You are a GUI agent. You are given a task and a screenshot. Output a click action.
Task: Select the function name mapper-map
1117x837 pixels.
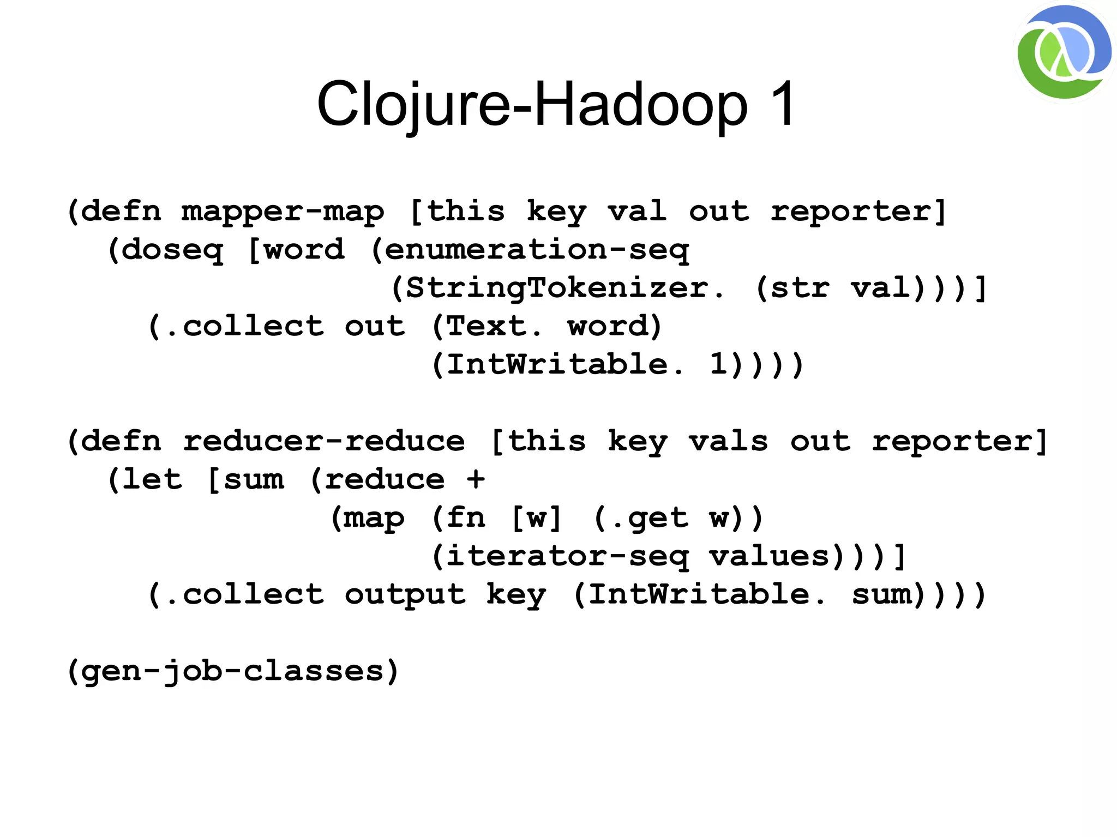coord(283,212)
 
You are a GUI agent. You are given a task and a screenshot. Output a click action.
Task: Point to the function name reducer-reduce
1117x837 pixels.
coord(323,441)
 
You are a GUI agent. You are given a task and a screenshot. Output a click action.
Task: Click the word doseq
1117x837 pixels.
coord(172,250)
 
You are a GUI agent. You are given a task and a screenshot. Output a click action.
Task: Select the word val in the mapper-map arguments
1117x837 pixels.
coord(636,212)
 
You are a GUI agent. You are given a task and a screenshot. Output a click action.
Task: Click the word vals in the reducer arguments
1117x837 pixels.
coord(728,441)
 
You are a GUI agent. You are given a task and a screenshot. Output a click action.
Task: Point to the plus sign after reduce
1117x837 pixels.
coord(476,479)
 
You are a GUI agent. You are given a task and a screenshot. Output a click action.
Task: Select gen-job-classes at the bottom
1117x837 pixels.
coord(233,671)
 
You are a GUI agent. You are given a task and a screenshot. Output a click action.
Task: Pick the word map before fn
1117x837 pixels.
coord(374,518)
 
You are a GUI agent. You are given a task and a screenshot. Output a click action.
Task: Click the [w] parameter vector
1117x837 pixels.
coord(537,518)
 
